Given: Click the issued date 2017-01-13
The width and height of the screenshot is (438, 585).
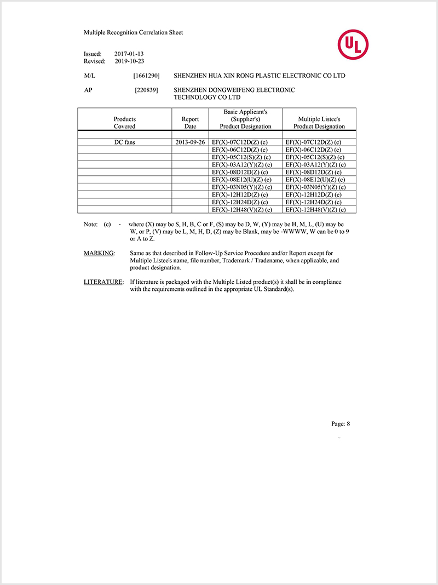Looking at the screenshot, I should coord(129,54).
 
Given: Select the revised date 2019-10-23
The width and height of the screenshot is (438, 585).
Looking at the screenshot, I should coord(129,61).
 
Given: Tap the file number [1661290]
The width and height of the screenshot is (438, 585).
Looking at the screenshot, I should coord(146,76).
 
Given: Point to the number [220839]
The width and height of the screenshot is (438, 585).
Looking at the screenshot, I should coord(146,90).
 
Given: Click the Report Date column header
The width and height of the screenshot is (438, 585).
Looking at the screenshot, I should coord(190,123).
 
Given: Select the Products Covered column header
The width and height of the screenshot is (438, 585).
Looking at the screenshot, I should coord(124,123).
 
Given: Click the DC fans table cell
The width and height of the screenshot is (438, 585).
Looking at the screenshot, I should coord(124,142).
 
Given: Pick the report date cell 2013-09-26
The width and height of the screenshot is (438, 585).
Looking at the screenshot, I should coord(190,142).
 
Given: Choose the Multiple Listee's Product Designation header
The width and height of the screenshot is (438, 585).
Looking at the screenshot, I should coord(319,123).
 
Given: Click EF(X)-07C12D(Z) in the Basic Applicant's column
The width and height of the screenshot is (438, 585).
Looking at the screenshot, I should coord(239,142).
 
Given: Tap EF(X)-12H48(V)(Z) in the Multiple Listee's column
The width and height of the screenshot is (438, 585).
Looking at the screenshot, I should coord(315,210).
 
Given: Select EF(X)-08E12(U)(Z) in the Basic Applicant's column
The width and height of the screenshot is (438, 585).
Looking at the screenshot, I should coord(241,180).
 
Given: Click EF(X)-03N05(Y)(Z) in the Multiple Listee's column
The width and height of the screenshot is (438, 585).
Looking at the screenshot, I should coord(315,187).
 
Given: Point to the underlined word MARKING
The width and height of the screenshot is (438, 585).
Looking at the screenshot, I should coord(99,253).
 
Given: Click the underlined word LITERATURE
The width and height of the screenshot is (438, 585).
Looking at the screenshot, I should coord(103,282).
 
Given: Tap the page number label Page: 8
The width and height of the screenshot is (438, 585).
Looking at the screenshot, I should coord(341,423).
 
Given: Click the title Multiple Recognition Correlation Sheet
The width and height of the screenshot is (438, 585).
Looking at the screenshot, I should coord(133,32).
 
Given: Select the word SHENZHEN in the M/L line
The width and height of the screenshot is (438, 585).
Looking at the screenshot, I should coord(189,76).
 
